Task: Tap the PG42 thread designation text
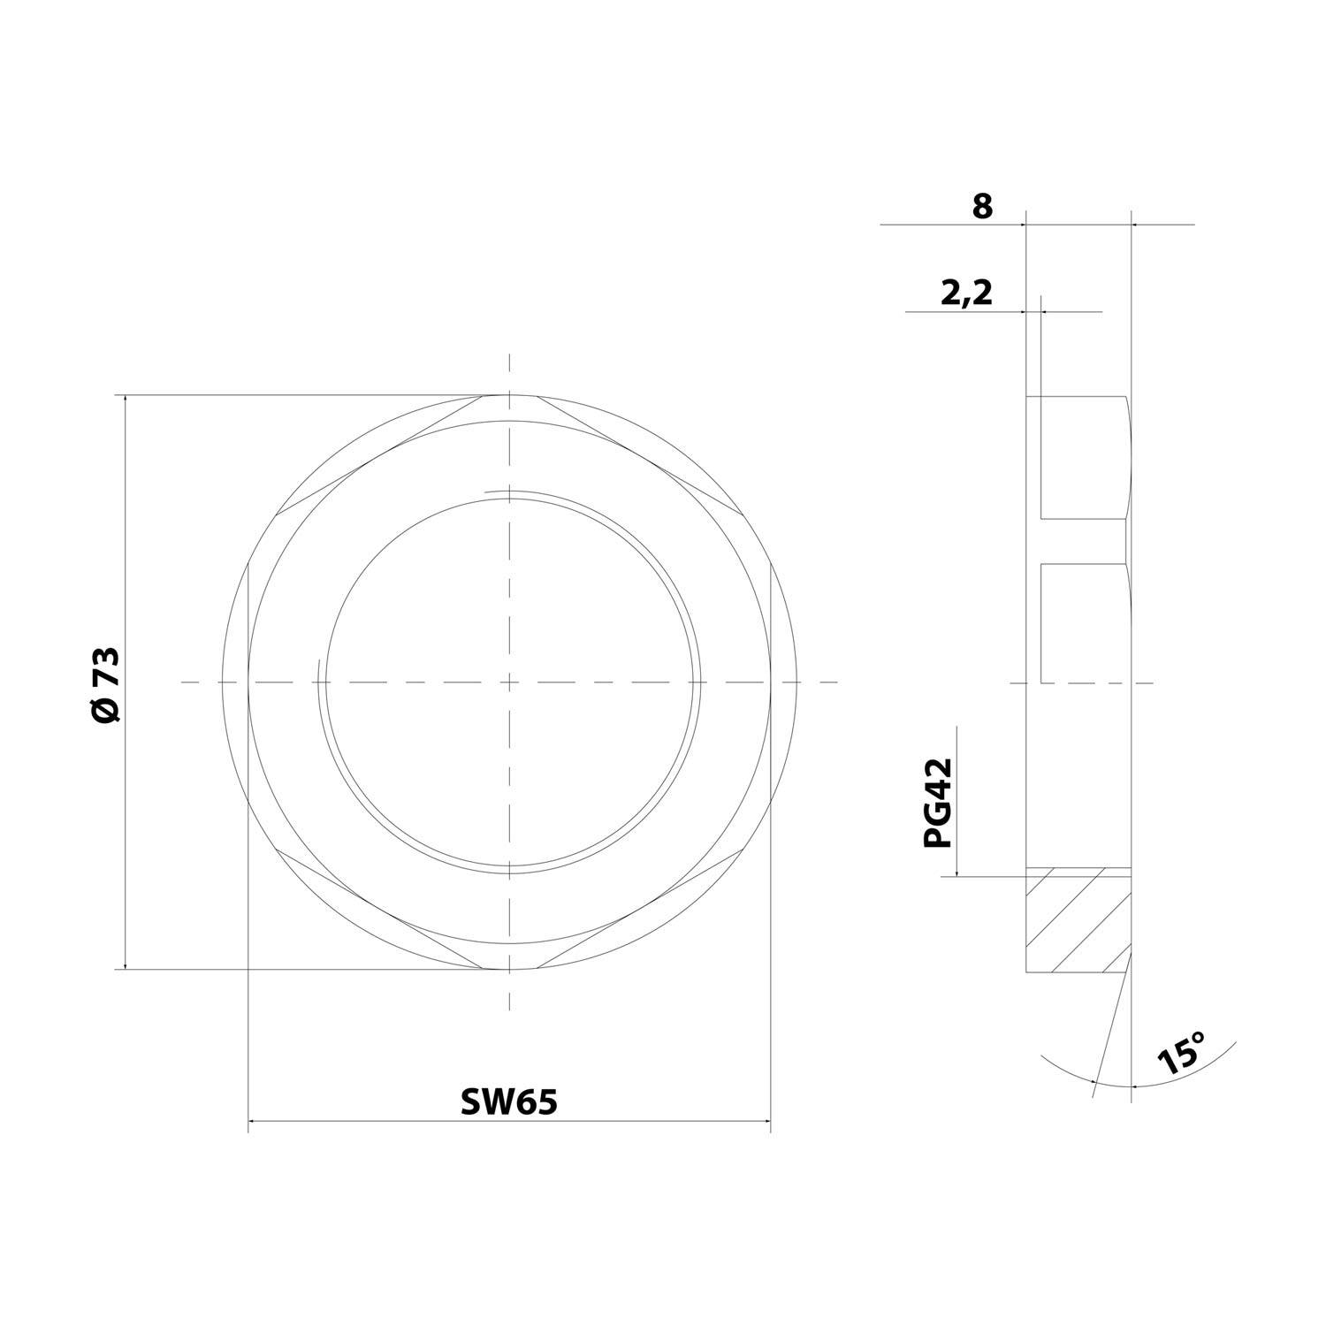pos(939,803)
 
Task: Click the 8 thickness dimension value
pos(982,207)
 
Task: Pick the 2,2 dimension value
pos(965,293)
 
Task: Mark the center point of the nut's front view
pos(509,682)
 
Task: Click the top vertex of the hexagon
pos(509,395)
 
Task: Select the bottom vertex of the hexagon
pos(509,970)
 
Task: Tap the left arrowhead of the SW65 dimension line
pos(252,1122)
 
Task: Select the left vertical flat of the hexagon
pos(248,682)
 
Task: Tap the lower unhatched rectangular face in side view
pos(1083,623)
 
